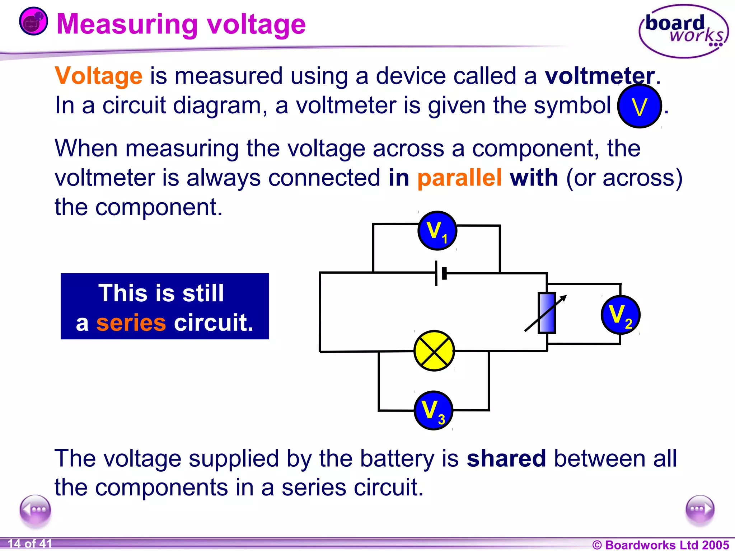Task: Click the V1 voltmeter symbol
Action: coord(437,231)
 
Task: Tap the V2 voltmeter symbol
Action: coord(620,315)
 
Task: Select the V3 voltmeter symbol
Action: coord(433,410)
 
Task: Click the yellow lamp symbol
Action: coord(434,351)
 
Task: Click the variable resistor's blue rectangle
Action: coord(547,313)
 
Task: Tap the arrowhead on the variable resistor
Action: coord(563,298)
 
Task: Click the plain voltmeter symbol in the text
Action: coord(639,106)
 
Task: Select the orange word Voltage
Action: coord(99,76)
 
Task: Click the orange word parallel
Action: coord(459,178)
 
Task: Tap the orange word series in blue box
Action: coord(131,322)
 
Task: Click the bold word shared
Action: coord(506,458)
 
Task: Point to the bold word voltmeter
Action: coord(600,76)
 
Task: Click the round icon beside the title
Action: coord(33,22)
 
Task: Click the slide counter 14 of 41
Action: coord(30,543)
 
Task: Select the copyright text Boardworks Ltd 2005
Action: coord(660,545)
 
